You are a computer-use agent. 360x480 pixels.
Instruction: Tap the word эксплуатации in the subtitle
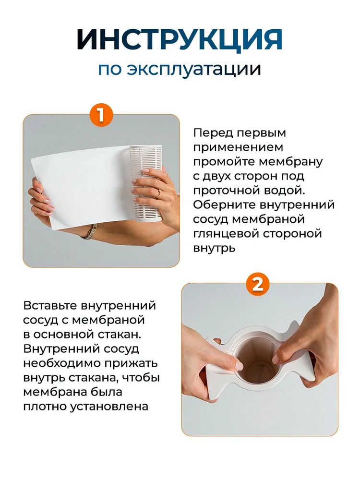194,69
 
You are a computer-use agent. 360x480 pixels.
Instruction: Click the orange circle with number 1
101,116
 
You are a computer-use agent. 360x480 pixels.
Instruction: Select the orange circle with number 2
258,285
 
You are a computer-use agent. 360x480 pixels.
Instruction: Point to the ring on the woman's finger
159,193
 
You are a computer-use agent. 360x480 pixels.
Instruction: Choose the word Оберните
224,205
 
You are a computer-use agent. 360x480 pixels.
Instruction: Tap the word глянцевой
226,234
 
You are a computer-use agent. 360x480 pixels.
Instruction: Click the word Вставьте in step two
50,306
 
